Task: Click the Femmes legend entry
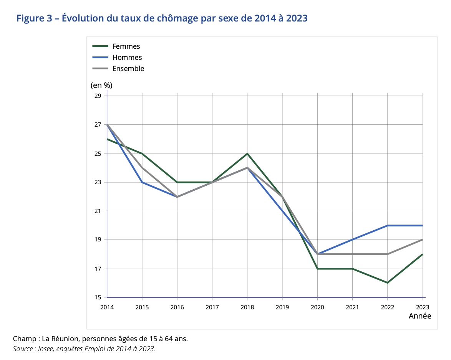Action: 126,46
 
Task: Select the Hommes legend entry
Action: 127,58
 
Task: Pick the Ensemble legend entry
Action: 128,69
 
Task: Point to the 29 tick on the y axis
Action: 98,96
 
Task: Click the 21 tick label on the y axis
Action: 98,211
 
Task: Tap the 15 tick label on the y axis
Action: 98,297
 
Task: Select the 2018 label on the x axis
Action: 247,307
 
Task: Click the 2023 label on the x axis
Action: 422,307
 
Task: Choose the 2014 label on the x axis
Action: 107,307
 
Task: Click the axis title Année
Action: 419,316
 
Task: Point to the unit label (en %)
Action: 101,85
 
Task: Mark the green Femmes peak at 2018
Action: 247,154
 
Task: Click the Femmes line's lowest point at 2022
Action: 387,283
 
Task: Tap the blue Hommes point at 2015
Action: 142,182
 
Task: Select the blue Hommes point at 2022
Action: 387,225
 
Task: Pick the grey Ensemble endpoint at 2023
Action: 422,240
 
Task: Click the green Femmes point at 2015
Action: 142,154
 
